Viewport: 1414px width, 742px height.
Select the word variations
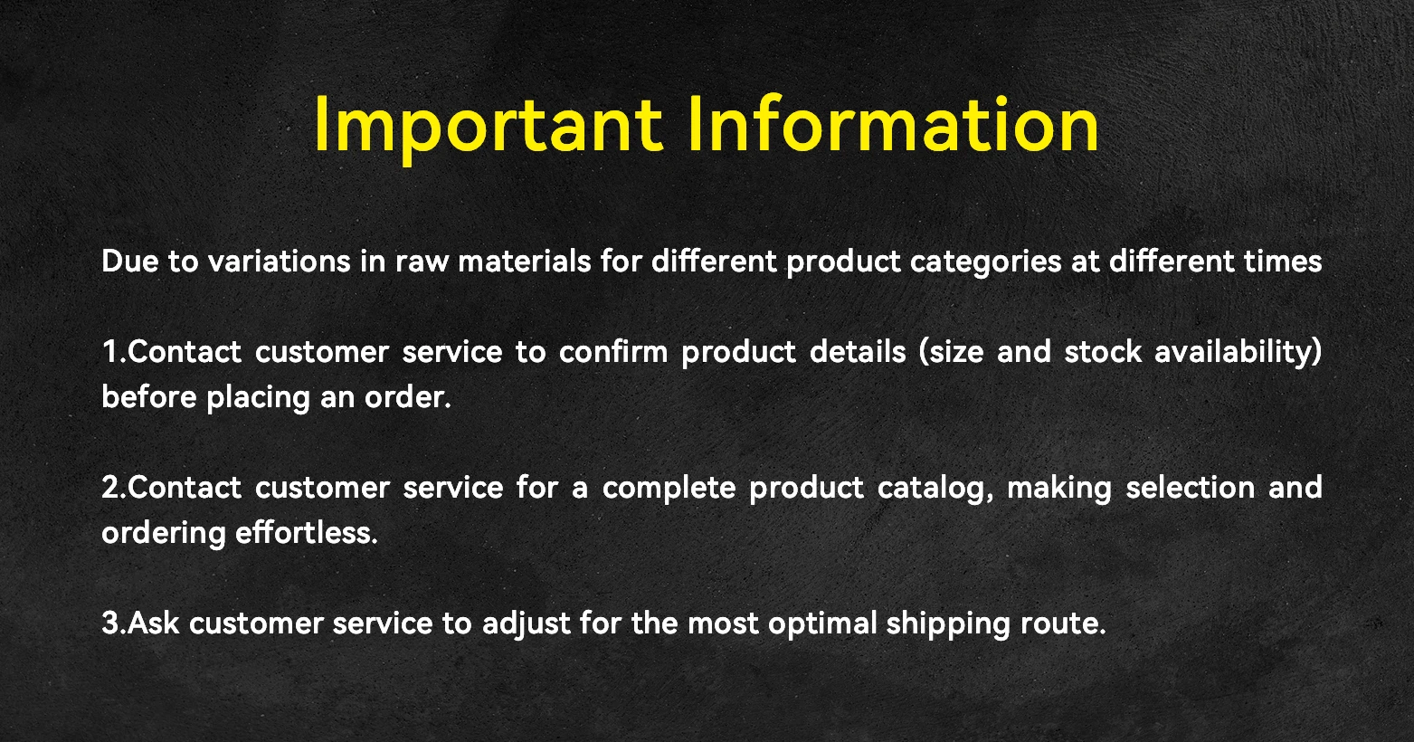point(280,261)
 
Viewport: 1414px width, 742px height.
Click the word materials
point(525,261)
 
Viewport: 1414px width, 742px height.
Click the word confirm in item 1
point(613,351)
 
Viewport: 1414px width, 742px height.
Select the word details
point(858,351)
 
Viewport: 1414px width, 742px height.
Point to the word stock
point(1103,352)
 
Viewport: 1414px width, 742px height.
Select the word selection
point(1191,487)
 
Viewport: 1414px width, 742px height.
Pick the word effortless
point(307,532)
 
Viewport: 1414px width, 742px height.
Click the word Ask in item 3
point(153,623)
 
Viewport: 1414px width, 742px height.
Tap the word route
point(1063,624)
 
